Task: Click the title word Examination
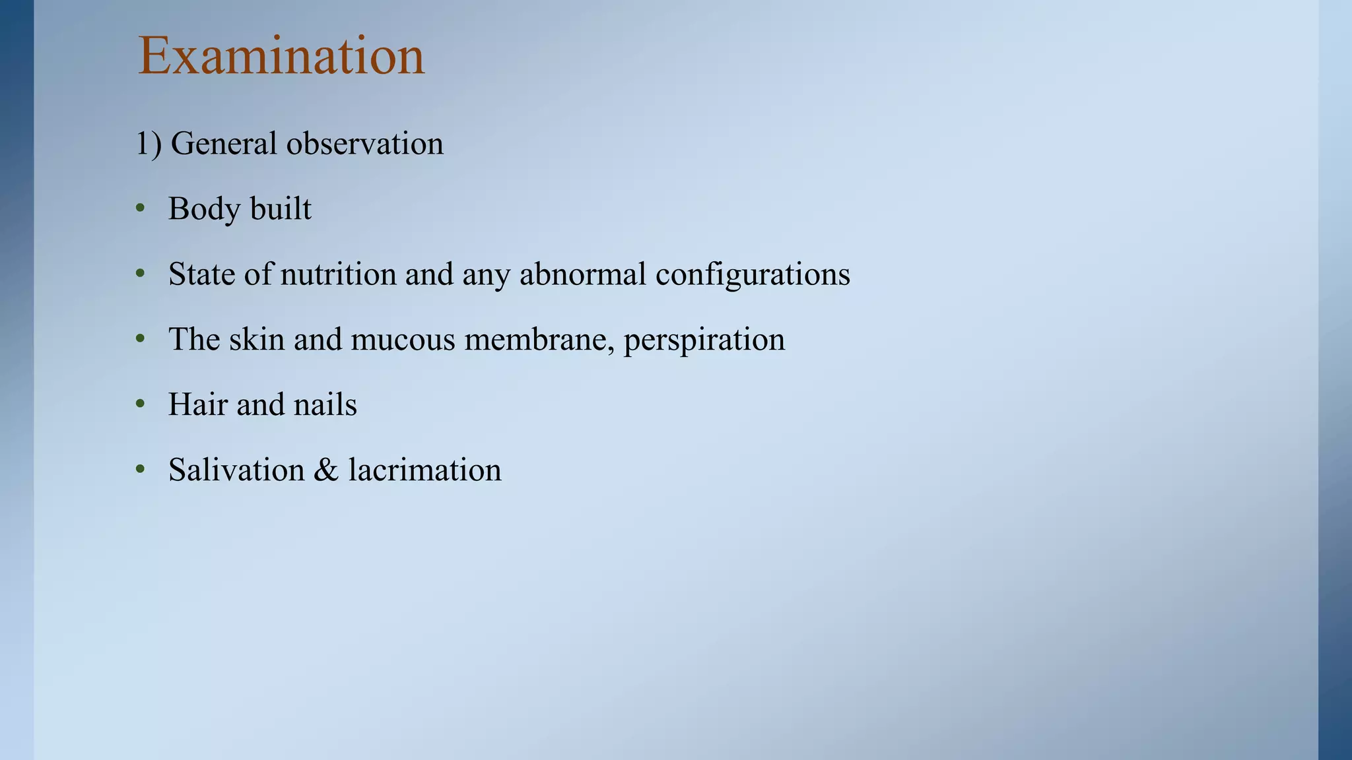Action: tap(281, 57)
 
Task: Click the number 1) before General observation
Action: tap(149, 144)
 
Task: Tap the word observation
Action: tap(364, 144)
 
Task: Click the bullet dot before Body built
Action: tap(140, 209)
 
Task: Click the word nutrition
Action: tap(338, 274)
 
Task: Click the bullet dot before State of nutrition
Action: tap(140, 274)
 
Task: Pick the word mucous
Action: tap(403, 340)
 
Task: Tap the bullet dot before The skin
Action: tap(140, 339)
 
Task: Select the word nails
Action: tap(325, 404)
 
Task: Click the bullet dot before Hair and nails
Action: tap(140, 404)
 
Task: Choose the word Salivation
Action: tap(236, 470)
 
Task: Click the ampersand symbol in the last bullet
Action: tap(326, 470)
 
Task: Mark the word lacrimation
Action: tap(424, 470)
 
